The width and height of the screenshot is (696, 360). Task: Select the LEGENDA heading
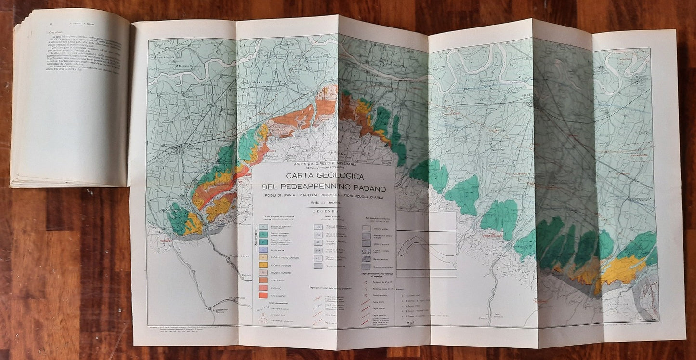323,211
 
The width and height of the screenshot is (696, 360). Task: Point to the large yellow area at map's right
621,270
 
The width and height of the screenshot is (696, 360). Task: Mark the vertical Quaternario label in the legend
254,241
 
